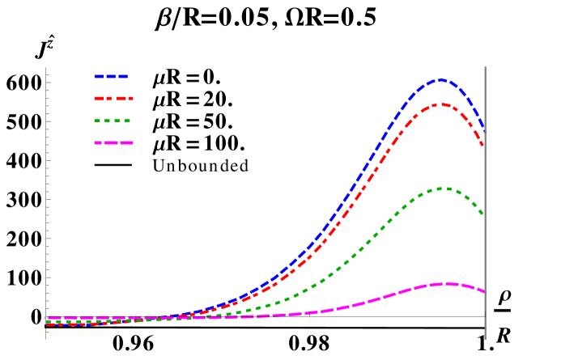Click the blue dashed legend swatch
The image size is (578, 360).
point(111,76)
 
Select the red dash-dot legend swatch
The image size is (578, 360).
point(113,98)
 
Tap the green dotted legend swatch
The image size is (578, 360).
point(113,121)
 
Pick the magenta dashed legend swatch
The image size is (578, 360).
point(113,142)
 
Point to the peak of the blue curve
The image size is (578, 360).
point(440,80)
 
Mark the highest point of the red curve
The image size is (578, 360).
point(440,104)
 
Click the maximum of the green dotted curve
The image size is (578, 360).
point(444,188)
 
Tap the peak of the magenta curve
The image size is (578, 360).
point(444,283)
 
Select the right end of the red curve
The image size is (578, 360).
point(483,146)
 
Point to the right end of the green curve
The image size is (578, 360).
point(483,214)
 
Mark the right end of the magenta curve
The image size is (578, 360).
point(483,291)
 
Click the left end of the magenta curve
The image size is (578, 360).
point(49,319)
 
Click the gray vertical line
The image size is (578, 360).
point(485,243)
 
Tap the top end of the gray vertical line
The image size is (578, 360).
point(485,67)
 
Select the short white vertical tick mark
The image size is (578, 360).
point(134,315)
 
